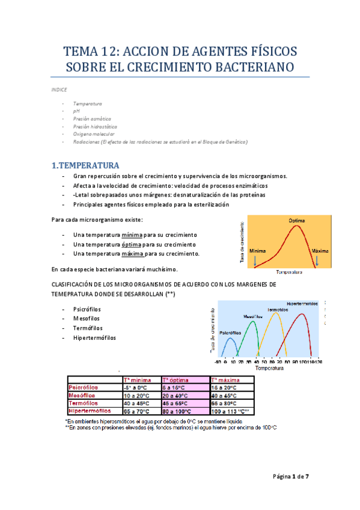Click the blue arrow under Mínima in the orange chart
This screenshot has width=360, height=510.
[255, 260]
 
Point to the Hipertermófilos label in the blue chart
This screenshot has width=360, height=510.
[302, 303]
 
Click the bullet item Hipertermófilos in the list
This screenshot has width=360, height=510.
[94, 337]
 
